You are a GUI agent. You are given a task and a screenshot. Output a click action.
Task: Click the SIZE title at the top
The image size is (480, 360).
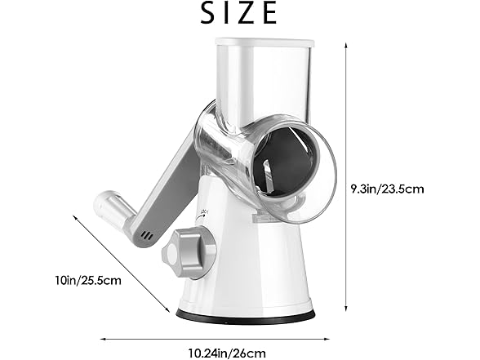tap(240, 14)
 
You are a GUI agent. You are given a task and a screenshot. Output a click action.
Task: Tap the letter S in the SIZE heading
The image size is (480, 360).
tap(189, 14)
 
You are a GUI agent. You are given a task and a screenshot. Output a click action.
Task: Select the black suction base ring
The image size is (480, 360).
tap(245, 314)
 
